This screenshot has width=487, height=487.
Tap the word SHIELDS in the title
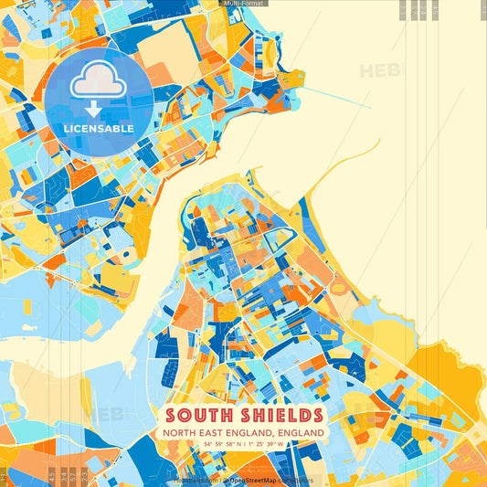272,413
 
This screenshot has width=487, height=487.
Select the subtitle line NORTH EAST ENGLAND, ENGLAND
243,431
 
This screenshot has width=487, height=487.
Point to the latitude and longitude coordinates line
243,444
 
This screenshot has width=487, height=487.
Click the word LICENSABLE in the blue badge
99,129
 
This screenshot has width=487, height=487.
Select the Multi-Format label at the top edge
243,4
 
